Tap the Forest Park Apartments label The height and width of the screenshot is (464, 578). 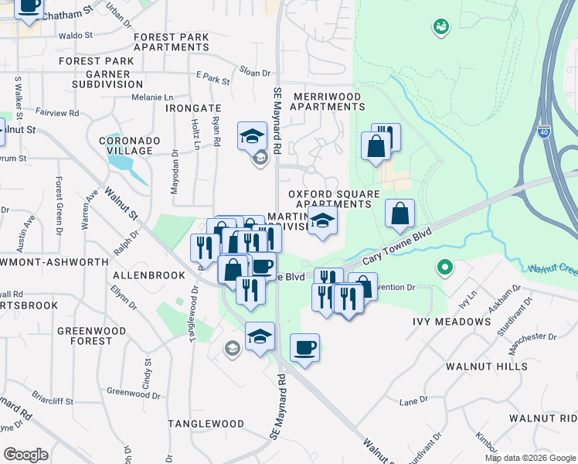[172, 42]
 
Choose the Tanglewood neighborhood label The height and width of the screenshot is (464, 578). [206, 424]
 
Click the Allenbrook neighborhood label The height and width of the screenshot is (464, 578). [149, 275]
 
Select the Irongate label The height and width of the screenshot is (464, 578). [193, 109]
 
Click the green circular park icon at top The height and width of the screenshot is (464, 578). [441, 28]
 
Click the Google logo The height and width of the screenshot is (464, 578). [25, 454]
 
